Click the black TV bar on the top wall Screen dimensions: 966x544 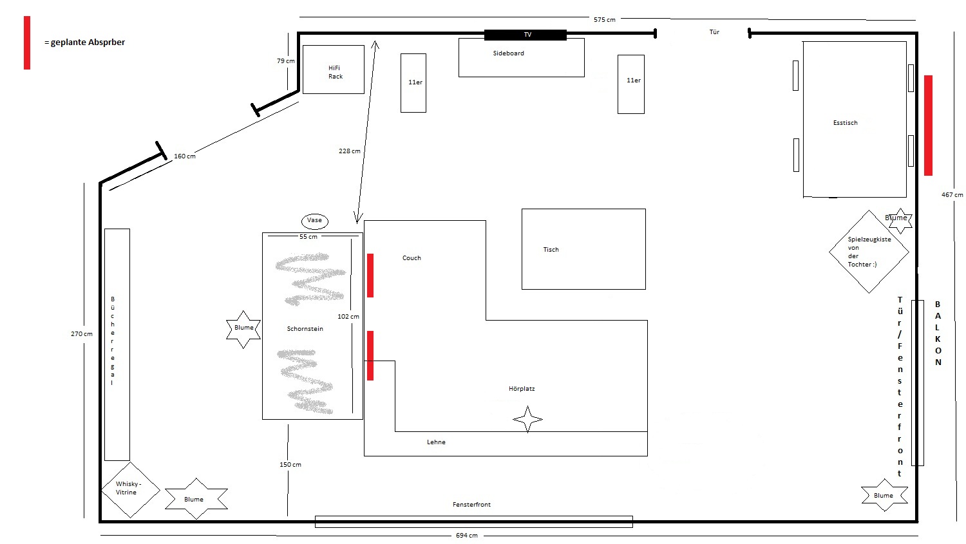(526, 35)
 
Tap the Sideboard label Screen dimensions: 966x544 (509, 53)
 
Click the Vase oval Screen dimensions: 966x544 (315, 221)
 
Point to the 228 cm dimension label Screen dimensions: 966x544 (349, 151)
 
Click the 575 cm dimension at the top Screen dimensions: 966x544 (604, 20)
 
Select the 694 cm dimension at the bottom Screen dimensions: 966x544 (467, 536)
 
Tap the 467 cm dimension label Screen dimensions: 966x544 (952, 195)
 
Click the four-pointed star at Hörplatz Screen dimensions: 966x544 (527, 419)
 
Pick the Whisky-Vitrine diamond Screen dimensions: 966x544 (130, 490)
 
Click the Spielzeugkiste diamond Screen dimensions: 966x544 (869, 252)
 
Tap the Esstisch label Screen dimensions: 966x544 (845, 123)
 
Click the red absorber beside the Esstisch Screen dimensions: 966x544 (928, 126)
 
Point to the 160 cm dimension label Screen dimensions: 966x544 (185, 156)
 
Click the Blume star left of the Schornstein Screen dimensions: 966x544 (243, 330)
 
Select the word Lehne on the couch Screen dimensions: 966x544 (436, 442)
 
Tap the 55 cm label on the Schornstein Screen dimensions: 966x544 (308, 237)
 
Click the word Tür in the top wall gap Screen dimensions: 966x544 (714, 32)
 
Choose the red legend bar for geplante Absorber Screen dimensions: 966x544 (27, 42)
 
